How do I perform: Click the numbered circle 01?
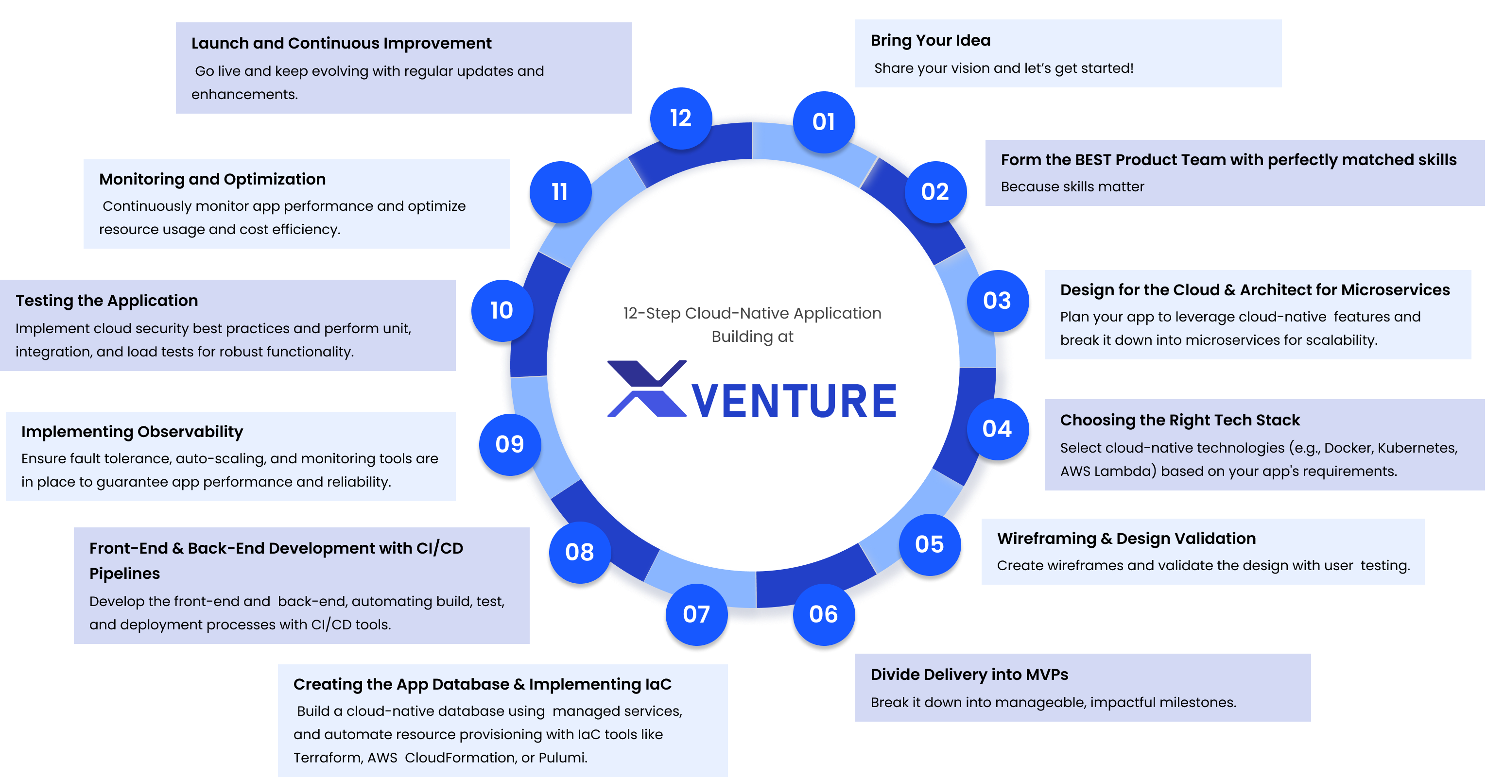[x=824, y=122]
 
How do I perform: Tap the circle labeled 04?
[x=997, y=429]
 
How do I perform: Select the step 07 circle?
[x=696, y=614]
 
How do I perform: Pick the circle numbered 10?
[x=501, y=310]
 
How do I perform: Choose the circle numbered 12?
[x=681, y=118]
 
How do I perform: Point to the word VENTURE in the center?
[x=795, y=401]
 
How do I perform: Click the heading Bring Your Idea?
[x=931, y=40]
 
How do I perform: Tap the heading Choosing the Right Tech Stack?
[x=1180, y=420]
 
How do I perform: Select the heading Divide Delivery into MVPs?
[x=969, y=675]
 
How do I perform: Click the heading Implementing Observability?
[x=132, y=431]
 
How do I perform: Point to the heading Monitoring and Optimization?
[x=212, y=179]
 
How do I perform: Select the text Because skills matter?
[x=1072, y=187]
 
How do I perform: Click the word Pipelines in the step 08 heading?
[x=125, y=574]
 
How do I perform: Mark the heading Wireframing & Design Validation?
[x=1126, y=538]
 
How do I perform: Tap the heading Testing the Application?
[x=107, y=301]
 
